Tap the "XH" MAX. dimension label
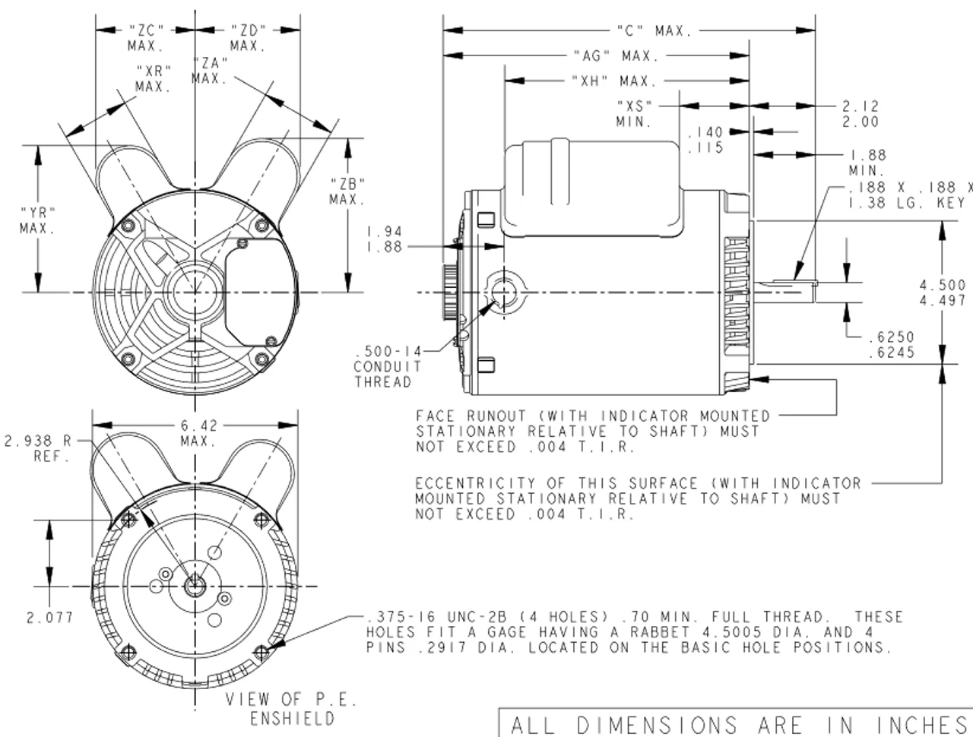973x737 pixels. click(613, 81)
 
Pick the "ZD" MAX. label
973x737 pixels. click(248, 38)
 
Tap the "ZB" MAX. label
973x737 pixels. click(348, 191)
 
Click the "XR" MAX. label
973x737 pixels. click(154, 78)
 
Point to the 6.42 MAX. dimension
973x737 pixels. click(198, 433)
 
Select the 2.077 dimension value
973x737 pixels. click(50, 618)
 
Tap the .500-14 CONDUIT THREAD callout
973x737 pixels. click(387, 366)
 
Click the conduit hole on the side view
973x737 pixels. click(503, 291)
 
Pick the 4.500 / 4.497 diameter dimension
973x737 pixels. click(943, 293)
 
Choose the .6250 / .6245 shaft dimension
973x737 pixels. click(890, 345)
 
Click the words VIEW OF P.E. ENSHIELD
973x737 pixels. click(292, 709)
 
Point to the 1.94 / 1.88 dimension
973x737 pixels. click(384, 239)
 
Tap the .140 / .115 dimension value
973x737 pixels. click(705, 141)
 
